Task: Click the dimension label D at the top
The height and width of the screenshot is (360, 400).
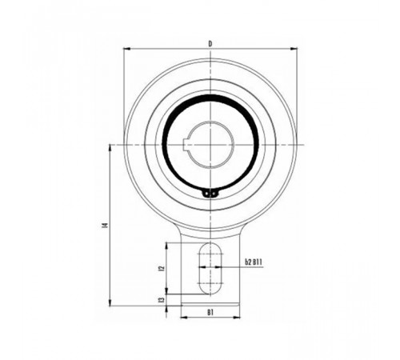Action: tap(210, 43)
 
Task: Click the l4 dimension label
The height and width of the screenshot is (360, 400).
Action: tap(106, 225)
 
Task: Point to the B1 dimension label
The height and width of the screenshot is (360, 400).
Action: tap(210, 312)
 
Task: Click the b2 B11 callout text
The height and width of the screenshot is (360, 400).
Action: tap(254, 262)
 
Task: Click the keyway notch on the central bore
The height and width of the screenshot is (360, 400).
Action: tap(187, 145)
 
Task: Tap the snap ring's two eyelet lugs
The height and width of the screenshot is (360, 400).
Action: tap(210, 193)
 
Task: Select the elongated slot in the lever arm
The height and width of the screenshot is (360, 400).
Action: tap(210, 269)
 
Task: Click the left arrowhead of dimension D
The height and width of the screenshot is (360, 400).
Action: tap(126, 49)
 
